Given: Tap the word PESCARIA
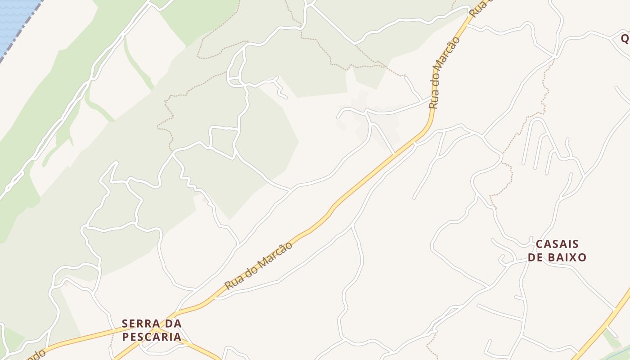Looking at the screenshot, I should (152, 337).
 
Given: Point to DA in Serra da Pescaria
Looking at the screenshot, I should (173, 324).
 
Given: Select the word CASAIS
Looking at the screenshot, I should (557, 244).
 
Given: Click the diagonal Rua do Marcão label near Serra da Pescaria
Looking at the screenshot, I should (259, 265).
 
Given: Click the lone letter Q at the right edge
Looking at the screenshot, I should (625, 39).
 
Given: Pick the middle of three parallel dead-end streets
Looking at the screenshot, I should (538, 153).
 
